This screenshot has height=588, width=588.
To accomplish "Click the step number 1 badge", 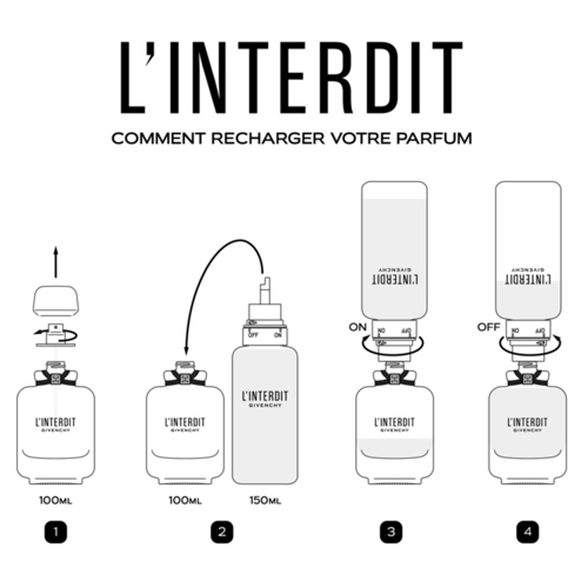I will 56,532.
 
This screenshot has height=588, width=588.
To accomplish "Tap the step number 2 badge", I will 222,532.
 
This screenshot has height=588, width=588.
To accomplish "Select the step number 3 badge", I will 390,532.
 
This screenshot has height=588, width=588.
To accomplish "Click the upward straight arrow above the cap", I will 56,263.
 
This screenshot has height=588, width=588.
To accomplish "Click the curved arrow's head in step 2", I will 186,354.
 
